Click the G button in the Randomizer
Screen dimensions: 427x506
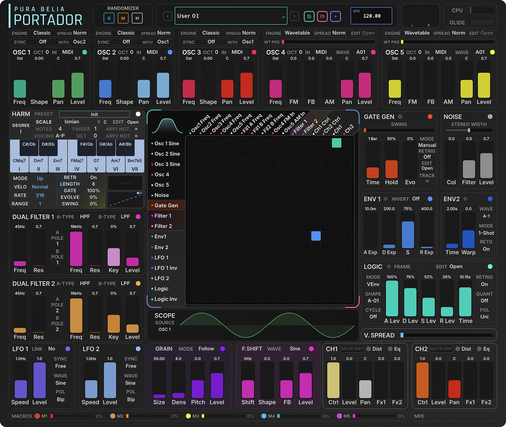(x=109, y=18)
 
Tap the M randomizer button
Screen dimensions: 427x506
(x=123, y=18)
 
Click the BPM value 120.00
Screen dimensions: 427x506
(x=372, y=16)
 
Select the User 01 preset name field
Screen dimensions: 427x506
(x=231, y=16)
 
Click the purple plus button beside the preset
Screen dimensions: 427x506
(x=335, y=16)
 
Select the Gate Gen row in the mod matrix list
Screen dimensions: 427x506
(x=166, y=205)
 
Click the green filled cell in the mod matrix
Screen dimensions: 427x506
(x=337, y=143)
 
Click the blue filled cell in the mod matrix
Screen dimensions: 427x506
(x=316, y=236)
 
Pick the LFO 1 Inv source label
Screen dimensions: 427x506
(x=166, y=268)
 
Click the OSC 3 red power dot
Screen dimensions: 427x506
(x=254, y=52)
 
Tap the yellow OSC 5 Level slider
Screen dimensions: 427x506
(x=484, y=85)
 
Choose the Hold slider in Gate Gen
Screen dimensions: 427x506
(x=391, y=169)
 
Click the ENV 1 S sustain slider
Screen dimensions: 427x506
(x=408, y=234)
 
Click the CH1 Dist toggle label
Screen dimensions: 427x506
(x=377, y=349)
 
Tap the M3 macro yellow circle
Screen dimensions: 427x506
(x=188, y=416)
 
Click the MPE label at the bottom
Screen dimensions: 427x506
(x=419, y=416)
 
